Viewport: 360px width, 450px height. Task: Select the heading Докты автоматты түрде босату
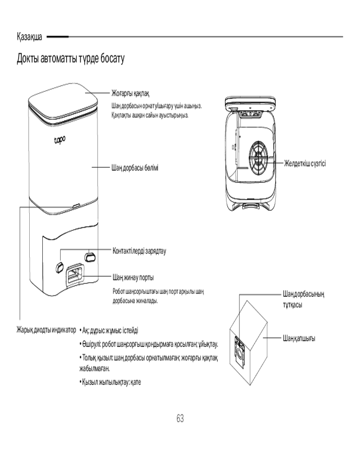pos(70,58)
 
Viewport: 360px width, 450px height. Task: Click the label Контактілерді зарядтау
pos(139,251)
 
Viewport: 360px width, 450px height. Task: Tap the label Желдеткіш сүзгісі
pos(305,162)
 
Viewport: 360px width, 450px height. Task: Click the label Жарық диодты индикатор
pos(47,330)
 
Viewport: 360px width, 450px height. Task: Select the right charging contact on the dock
pos(90,256)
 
